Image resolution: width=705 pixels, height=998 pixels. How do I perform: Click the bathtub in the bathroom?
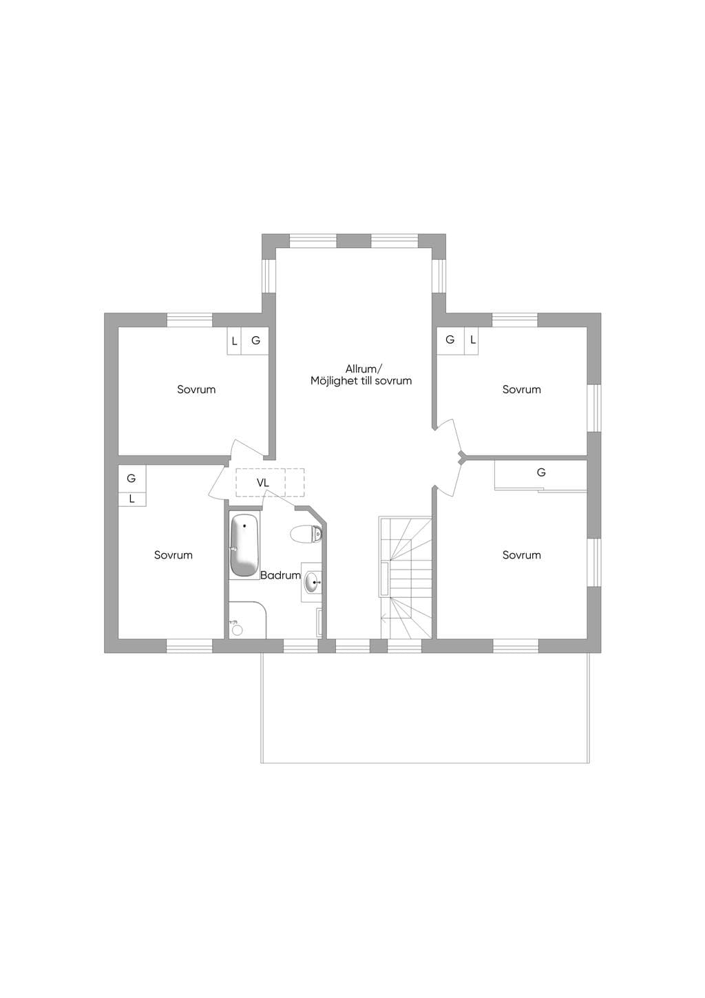click(x=244, y=545)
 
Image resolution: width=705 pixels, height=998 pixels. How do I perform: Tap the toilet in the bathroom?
click(x=306, y=533)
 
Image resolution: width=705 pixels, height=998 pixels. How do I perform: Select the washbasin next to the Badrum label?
click(x=313, y=582)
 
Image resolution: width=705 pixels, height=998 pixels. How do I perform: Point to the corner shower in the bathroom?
click(x=247, y=619)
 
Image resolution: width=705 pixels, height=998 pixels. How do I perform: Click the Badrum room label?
click(x=281, y=575)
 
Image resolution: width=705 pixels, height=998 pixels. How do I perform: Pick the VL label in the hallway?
click(x=263, y=483)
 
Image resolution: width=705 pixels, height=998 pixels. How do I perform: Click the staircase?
click(x=406, y=577)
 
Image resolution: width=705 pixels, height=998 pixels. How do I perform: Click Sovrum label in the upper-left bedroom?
click(x=196, y=389)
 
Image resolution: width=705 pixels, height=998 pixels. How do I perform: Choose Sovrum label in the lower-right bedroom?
click(x=521, y=555)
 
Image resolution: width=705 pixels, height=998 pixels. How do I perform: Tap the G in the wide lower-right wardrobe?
click(x=541, y=472)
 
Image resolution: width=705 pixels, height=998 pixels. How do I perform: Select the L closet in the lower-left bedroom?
click(x=132, y=499)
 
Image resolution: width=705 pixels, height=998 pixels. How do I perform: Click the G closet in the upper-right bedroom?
click(x=450, y=341)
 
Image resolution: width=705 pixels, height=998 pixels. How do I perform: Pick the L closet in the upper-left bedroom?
click(x=234, y=341)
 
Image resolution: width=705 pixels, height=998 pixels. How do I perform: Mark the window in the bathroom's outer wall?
click(x=301, y=645)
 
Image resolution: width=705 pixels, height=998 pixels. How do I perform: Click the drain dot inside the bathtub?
click(x=244, y=526)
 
